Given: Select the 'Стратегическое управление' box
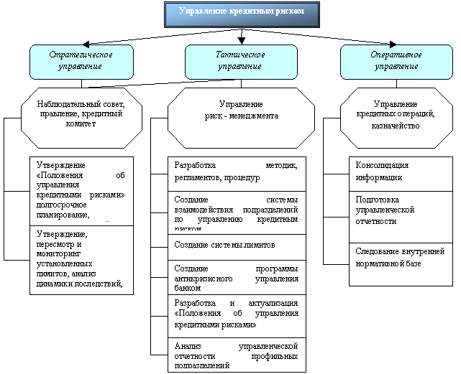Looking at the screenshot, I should click(x=81, y=60).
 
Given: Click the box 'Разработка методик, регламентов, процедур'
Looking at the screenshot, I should click(x=237, y=172).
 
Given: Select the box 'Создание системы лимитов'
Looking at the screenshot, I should click(x=237, y=246).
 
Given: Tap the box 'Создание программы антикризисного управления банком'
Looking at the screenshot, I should click(x=237, y=276).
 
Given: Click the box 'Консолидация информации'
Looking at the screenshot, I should click(x=402, y=172).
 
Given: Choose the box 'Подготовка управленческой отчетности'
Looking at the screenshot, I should click(x=402, y=210).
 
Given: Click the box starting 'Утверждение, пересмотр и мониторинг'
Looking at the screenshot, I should click(x=81, y=258).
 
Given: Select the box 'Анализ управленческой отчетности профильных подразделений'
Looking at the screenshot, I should click(x=237, y=355).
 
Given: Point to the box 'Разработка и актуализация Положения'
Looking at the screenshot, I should click(x=237, y=314).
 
